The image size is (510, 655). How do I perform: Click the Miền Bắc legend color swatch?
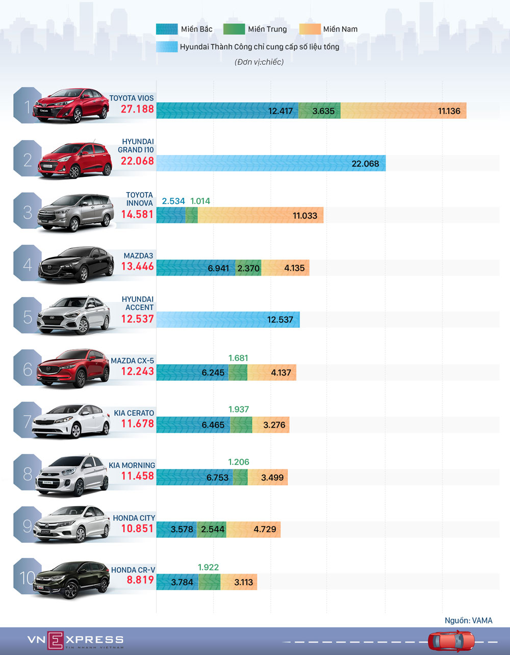166,29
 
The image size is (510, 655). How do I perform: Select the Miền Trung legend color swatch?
234,29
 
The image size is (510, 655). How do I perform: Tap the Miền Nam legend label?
340,29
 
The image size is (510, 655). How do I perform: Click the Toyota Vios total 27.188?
137,109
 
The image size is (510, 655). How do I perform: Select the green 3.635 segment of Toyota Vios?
319,111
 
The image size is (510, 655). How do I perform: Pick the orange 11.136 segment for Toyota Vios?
403,111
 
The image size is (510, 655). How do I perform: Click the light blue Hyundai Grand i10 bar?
271,163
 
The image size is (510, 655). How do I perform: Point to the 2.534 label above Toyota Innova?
173,201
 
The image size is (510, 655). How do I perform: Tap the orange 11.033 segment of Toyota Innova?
260,216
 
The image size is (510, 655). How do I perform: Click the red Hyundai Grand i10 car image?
75,160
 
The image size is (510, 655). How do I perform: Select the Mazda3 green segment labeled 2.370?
248,268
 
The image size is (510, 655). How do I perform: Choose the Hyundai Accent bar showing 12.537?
228,320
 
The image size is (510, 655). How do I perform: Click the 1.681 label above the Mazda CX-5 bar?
238,358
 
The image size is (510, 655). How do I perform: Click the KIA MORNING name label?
132,465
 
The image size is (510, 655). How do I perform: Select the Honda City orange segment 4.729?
253,529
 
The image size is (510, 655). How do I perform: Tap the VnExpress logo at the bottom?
75,640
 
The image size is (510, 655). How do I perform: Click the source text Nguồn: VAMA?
468,620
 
